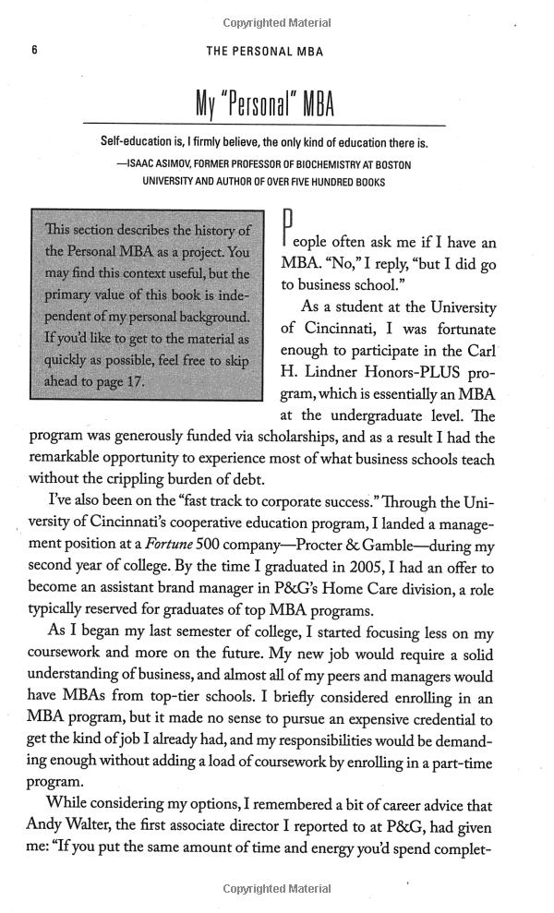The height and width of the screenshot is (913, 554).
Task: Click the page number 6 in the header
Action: click(x=32, y=52)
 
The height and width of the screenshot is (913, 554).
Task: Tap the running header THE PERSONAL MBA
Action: click(x=265, y=52)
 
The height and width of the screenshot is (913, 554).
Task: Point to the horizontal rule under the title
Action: click(x=265, y=125)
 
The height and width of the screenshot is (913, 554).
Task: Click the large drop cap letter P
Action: click(x=286, y=234)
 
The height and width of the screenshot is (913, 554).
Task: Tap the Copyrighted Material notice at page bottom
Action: click(x=277, y=889)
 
